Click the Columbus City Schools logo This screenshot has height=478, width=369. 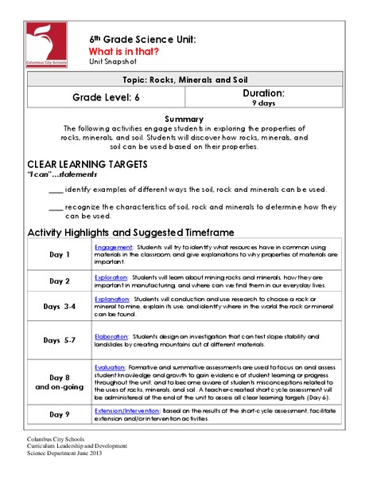click(x=47, y=45)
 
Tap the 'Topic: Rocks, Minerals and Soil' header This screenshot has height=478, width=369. click(x=184, y=81)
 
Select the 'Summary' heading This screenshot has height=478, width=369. click(x=184, y=118)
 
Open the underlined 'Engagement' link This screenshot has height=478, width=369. click(x=113, y=247)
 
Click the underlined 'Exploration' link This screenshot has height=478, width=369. click(x=112, y=275)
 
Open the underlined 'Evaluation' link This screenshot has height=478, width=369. click(x=111, y=358)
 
